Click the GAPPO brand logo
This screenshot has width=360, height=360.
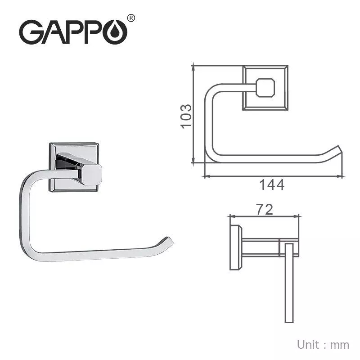72,31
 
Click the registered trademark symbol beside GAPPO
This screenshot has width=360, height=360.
131,18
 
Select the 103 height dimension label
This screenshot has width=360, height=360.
186,117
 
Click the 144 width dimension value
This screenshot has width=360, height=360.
272,184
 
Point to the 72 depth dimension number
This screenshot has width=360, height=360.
265,210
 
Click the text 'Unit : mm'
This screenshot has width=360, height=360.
323,345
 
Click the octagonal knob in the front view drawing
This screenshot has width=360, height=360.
265,88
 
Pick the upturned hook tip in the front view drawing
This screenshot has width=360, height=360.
337,151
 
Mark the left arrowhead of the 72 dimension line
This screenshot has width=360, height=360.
231,216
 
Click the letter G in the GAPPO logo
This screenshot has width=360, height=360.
31,33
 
